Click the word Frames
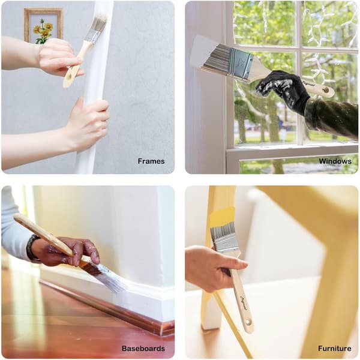(x=151, y=161)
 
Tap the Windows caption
(x=335, y=161)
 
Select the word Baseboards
(x=143, y=348)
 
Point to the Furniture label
(x=335, y=348)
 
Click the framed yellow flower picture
(x=43, y=25)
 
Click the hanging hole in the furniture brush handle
(x=248, y=322)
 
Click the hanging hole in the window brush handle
(x=326, y=89)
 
